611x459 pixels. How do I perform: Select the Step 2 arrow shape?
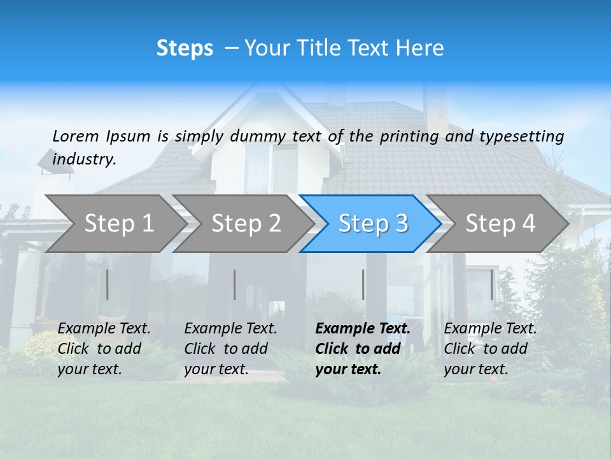(x=245, y=224)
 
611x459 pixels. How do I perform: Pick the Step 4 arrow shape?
(x=500, y=224)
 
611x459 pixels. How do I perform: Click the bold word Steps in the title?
(x=185, y=48)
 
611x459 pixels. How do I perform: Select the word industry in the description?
(x=84, y=159)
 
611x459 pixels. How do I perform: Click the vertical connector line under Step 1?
(x=108, y=284)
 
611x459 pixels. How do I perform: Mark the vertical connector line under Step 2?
(x=235, y=284)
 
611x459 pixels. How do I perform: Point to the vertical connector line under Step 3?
(x=363, y=284)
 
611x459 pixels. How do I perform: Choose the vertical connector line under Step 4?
(x=492, y=284)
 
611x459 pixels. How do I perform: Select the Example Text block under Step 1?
(x=104, y=349)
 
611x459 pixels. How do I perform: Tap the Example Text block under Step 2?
(x=230, y=349)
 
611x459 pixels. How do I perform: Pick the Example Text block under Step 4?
(x=490, y=349)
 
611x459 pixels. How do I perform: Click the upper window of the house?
(x=270, y=169)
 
